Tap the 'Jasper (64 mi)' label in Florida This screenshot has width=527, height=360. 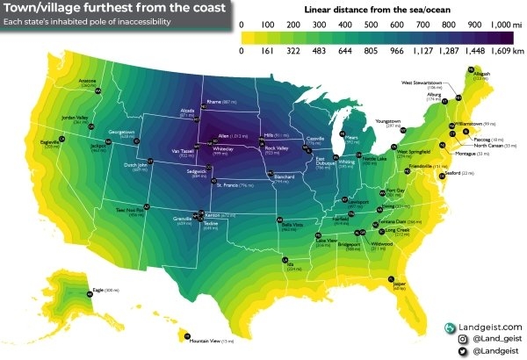[x=400, y=284]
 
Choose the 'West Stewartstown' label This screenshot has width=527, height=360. [x=423, y=84]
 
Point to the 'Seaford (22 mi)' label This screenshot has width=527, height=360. [x=460, y=174]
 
